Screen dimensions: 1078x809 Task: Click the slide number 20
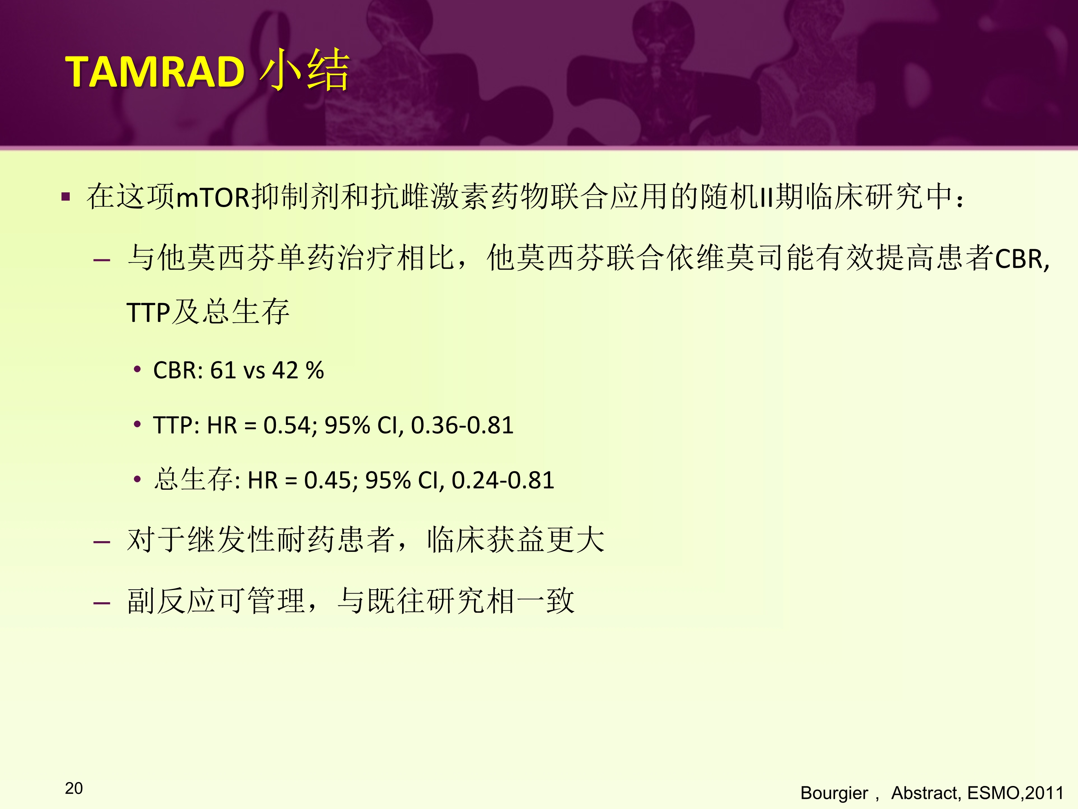click(x=74, y=788)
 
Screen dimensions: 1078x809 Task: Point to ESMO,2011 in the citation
click(x=1015, y=793)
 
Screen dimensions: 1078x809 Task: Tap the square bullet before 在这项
click(x=66, y=197)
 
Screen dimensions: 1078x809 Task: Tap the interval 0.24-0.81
click(x=503, y=480)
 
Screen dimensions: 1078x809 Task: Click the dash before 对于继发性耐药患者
click(x=101, y=542)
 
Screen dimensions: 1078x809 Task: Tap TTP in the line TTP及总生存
click(x=148, y=312)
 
